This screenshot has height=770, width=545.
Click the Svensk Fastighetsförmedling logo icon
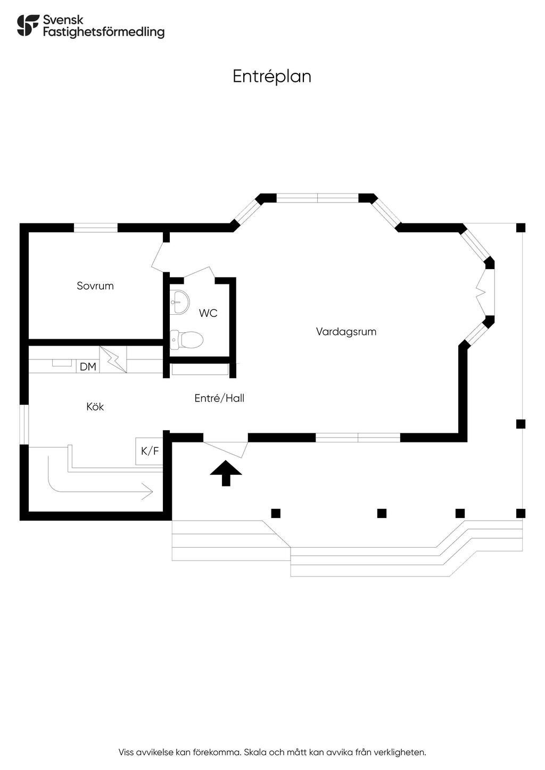coord(28,26)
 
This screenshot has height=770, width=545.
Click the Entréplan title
coord(271,76)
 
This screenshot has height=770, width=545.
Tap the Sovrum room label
coord(95,286)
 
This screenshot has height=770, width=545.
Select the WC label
coord(208,313)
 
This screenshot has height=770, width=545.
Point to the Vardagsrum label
coord(346,331)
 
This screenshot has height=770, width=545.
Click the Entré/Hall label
coord(219,398)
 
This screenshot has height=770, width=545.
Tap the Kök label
coord(95,406)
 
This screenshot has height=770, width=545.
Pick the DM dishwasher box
coord(88,366)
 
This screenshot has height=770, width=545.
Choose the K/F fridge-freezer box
coord(150,451)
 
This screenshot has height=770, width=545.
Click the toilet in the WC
coord(186,339)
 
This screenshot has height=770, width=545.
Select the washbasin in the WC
coord(179,302)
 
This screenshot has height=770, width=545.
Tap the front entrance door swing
coord(226,448)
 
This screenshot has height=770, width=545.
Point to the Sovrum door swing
coord(159,258)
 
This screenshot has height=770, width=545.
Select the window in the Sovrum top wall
coord(95,228)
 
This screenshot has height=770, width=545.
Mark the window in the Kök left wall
coord(23,424)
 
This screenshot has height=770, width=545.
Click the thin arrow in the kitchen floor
coord(101,481)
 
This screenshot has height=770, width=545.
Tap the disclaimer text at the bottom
coord(272,752)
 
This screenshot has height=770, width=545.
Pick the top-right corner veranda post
coord(521,228)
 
